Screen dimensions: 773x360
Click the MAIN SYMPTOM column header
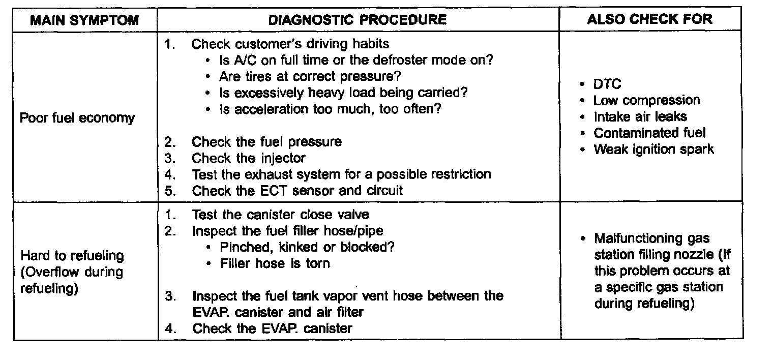(x=84, y=20)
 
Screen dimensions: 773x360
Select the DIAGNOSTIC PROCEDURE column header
(x=357, y=20)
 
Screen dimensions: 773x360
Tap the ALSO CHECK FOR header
(x=649, y=19)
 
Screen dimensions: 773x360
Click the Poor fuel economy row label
(x=77, y=118)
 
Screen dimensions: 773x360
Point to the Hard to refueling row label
(x=72, y=256)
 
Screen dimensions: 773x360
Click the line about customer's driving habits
(x=290, y=44)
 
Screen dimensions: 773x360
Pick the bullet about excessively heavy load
(x=343, y=93)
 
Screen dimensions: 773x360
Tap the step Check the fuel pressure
(x=266, y=142)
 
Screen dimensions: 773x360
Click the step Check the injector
(x=249, y=158)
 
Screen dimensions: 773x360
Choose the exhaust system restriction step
(x=341, y=174)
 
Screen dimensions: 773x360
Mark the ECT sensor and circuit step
(x=297, y=191)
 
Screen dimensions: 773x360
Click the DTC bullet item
(x=607, y=84)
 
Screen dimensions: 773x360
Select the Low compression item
(x=646, y=100)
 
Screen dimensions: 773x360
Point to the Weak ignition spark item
(x=653, y=149)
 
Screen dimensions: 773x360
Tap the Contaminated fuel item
(x=649, y=133)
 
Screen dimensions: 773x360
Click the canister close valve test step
(x=280, y=215)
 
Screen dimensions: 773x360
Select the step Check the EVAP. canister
(x=272, y=328)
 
